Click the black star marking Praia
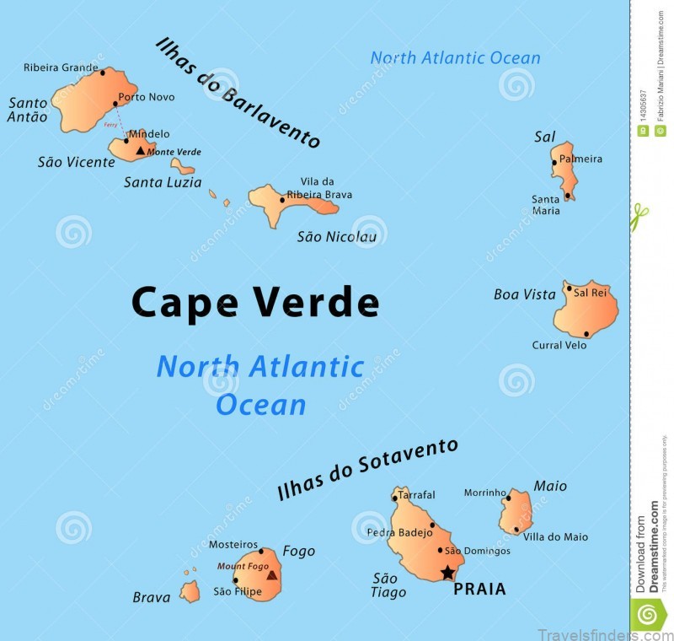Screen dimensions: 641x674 pos(447,574)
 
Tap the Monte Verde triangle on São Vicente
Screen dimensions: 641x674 pos(141,150)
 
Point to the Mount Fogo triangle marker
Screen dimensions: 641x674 pos(271,575)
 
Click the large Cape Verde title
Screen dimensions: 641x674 pos(255,302)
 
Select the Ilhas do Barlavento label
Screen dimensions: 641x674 pos(238,93)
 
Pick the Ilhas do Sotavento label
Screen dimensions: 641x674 pos(367,469)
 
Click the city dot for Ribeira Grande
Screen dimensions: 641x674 pos(103,73)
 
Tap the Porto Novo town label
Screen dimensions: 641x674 pos(147,97)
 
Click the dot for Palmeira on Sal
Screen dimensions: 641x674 pos(554,162)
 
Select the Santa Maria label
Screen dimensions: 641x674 pos(546,205)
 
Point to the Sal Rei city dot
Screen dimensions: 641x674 pos(570,289)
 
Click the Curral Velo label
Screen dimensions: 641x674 pos(559,345)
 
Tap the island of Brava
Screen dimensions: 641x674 pos(190,592)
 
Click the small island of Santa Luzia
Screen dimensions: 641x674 pos(182,166)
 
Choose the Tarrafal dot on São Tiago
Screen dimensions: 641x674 pos(393,498)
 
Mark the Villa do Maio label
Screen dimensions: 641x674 pos(555,536)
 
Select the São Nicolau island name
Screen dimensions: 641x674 pos(337,236)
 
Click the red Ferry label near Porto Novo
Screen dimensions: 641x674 pos(110,125)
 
